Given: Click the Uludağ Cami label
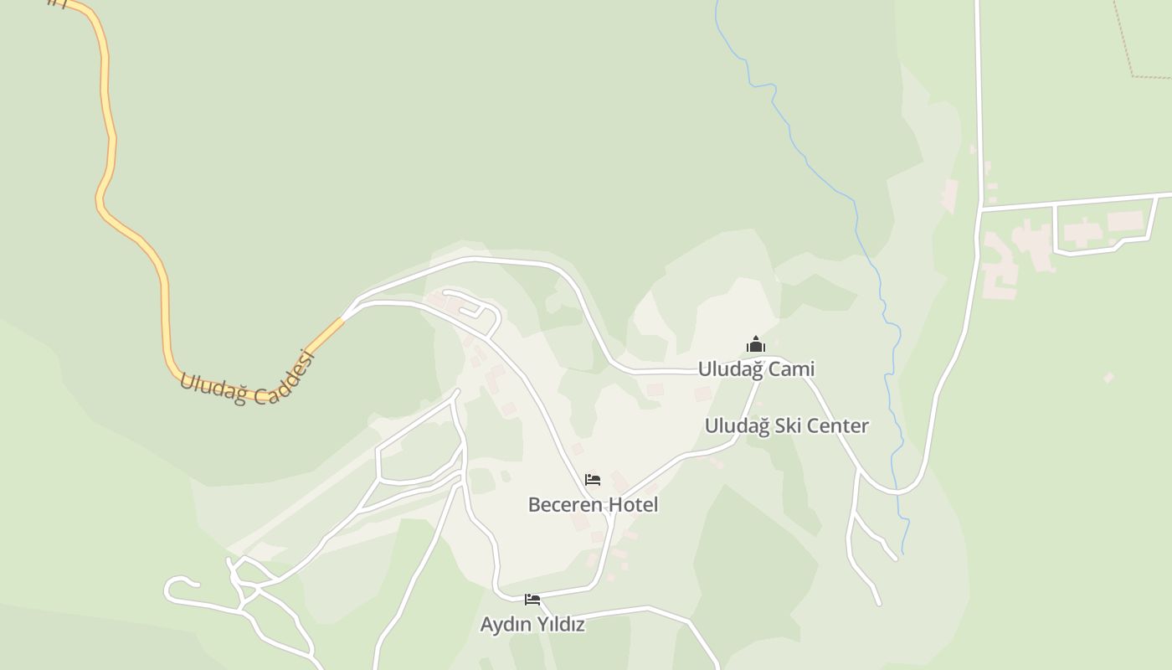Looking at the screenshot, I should pyautogui.click(x=756, y=369).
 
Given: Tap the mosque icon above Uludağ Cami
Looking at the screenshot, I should pyautogui.click(x=756, y=344).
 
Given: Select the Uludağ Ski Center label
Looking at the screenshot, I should pyautogui.click(x=786, y=425).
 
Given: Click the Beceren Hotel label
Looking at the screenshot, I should pyautogui.click(x=593, y=505).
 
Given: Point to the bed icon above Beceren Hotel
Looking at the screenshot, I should pyautogui.click(x=593, y=480).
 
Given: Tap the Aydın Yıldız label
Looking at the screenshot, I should pyautogui.click(x=532, y=625).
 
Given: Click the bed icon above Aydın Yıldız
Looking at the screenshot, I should pyautogui.click(x=532, y=600).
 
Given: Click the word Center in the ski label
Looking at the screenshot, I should pyautogui.click(x=838, y=425).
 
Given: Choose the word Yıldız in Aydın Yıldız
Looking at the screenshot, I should pyautogui.click(x=558, y=625).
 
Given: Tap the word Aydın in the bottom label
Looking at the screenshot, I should pyautogui.click(x=503, y=625).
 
